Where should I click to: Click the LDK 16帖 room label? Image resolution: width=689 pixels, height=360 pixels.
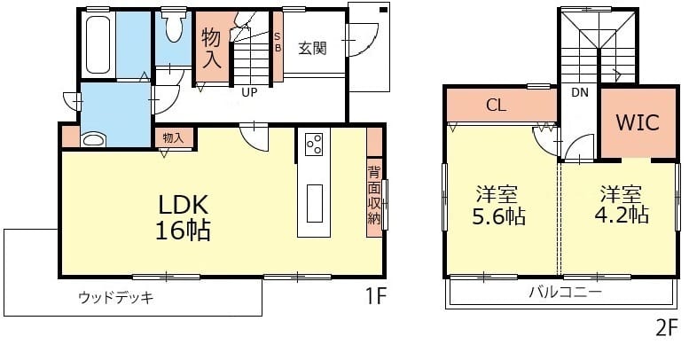(x=183, y=217)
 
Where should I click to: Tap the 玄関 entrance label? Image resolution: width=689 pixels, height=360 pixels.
(x=312, y=49)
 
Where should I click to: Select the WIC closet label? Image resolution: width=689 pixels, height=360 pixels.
(x=638, y=122)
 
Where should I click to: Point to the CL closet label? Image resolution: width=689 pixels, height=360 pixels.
(x=496, y=105)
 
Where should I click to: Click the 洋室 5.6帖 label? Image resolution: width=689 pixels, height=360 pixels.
(x=498, y=206)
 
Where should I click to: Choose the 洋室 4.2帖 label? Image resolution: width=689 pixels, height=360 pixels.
(x=622, y=205)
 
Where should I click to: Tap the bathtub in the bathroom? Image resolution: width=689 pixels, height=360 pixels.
(x=98, y=44)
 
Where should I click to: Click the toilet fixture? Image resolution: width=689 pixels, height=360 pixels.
(x=174, y=27)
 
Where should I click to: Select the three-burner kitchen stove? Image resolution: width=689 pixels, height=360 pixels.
(x=314, y=144)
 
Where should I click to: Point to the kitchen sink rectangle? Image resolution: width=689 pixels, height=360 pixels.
(x=314, y=204)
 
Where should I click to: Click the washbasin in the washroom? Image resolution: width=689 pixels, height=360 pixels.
(x=94, y=140)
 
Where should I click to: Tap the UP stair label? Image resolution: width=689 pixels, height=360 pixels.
(x=249, y=93)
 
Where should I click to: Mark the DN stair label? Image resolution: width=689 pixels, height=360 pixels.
(x=580, y=93)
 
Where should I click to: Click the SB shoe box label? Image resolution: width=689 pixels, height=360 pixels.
(x=278, y=43)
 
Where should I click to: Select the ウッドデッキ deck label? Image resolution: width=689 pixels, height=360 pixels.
(x=116, y=298)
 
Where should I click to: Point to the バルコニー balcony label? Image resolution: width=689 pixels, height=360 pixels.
(x=565, y=292)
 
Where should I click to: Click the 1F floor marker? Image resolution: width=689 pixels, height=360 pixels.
(x=376, y=297)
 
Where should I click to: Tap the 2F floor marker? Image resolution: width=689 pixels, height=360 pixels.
(x=666, y=328)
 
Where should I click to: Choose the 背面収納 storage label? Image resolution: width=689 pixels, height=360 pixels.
(x=374, y=195)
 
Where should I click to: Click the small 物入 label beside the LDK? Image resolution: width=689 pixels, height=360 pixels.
(x=173, y=137)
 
